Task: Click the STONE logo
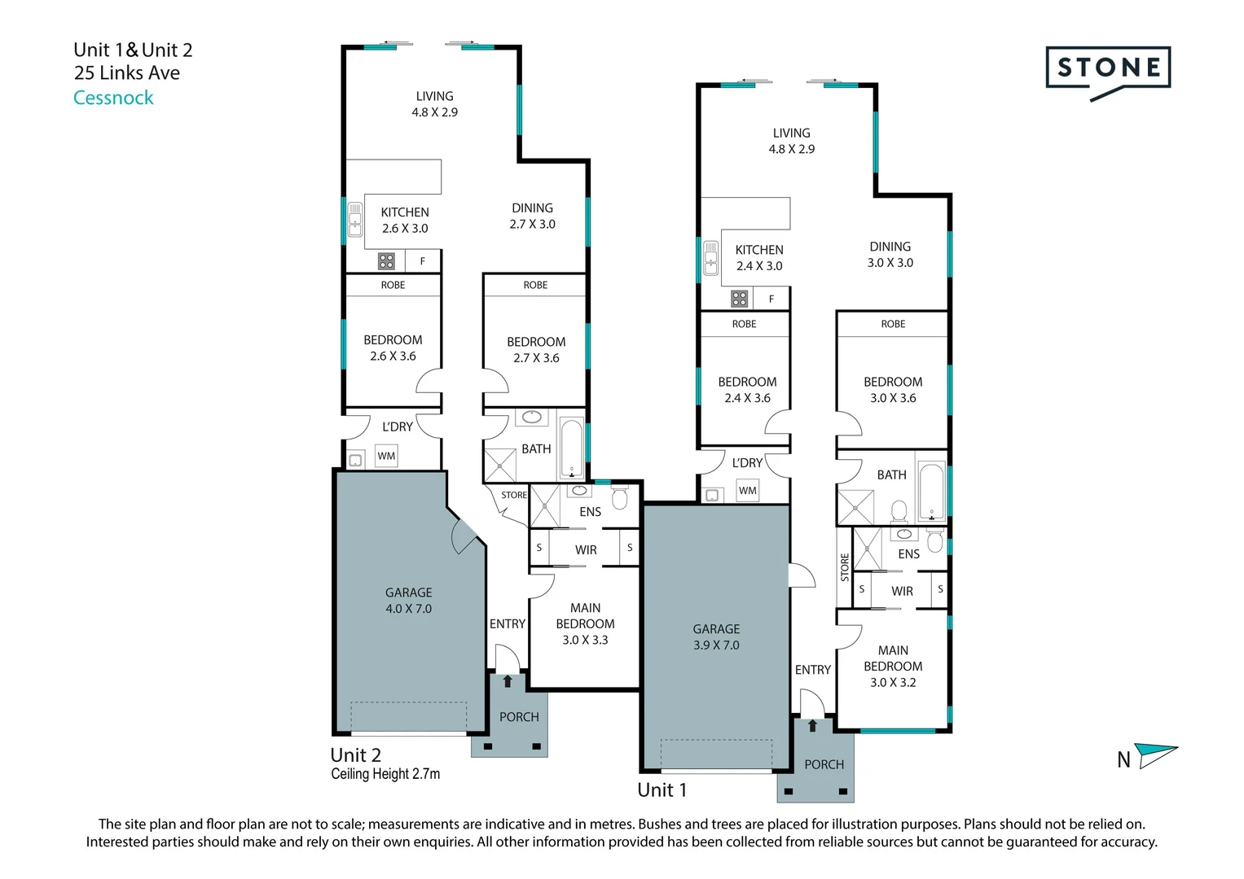[x=1108, y=72]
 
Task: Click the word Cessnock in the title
[x=113, y=98]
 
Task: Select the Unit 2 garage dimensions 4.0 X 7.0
[x=409, y=609]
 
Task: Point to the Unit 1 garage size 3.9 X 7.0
[x=716, y=645]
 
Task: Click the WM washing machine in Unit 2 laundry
[x=386, y=456]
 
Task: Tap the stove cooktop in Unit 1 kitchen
[x=739, y=300]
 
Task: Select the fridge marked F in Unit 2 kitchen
[x=423, y=260]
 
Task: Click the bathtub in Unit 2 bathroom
[x=571, y=449]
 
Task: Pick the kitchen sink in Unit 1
[x=711, y=258]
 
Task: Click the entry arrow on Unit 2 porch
[x=508, y=681]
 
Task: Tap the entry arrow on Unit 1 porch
[x=812, y=725]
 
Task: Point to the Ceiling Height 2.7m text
[x=385, y=773]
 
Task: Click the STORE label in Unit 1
[x=845, y=567]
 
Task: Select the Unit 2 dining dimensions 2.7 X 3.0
[x=533, y=224]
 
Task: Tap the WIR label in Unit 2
[x=586, y=550]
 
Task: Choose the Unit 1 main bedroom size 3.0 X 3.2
[x=893, y=683]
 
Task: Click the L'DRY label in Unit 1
[x=748, y=463]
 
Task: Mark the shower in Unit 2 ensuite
[x=545, y=505]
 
